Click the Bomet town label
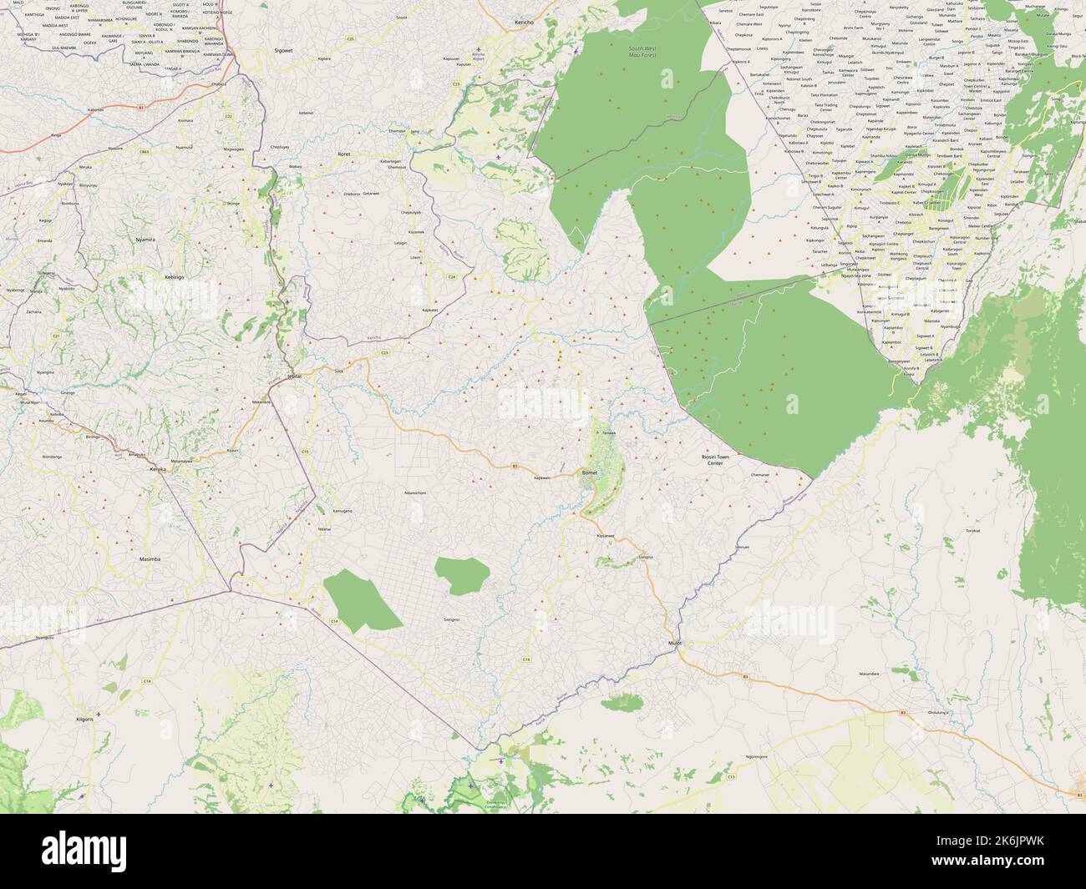590,472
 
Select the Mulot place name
675,643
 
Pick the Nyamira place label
145,240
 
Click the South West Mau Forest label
642,53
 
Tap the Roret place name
343,154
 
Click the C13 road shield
731,776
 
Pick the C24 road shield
451,276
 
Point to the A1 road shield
142,108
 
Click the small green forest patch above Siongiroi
462,575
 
